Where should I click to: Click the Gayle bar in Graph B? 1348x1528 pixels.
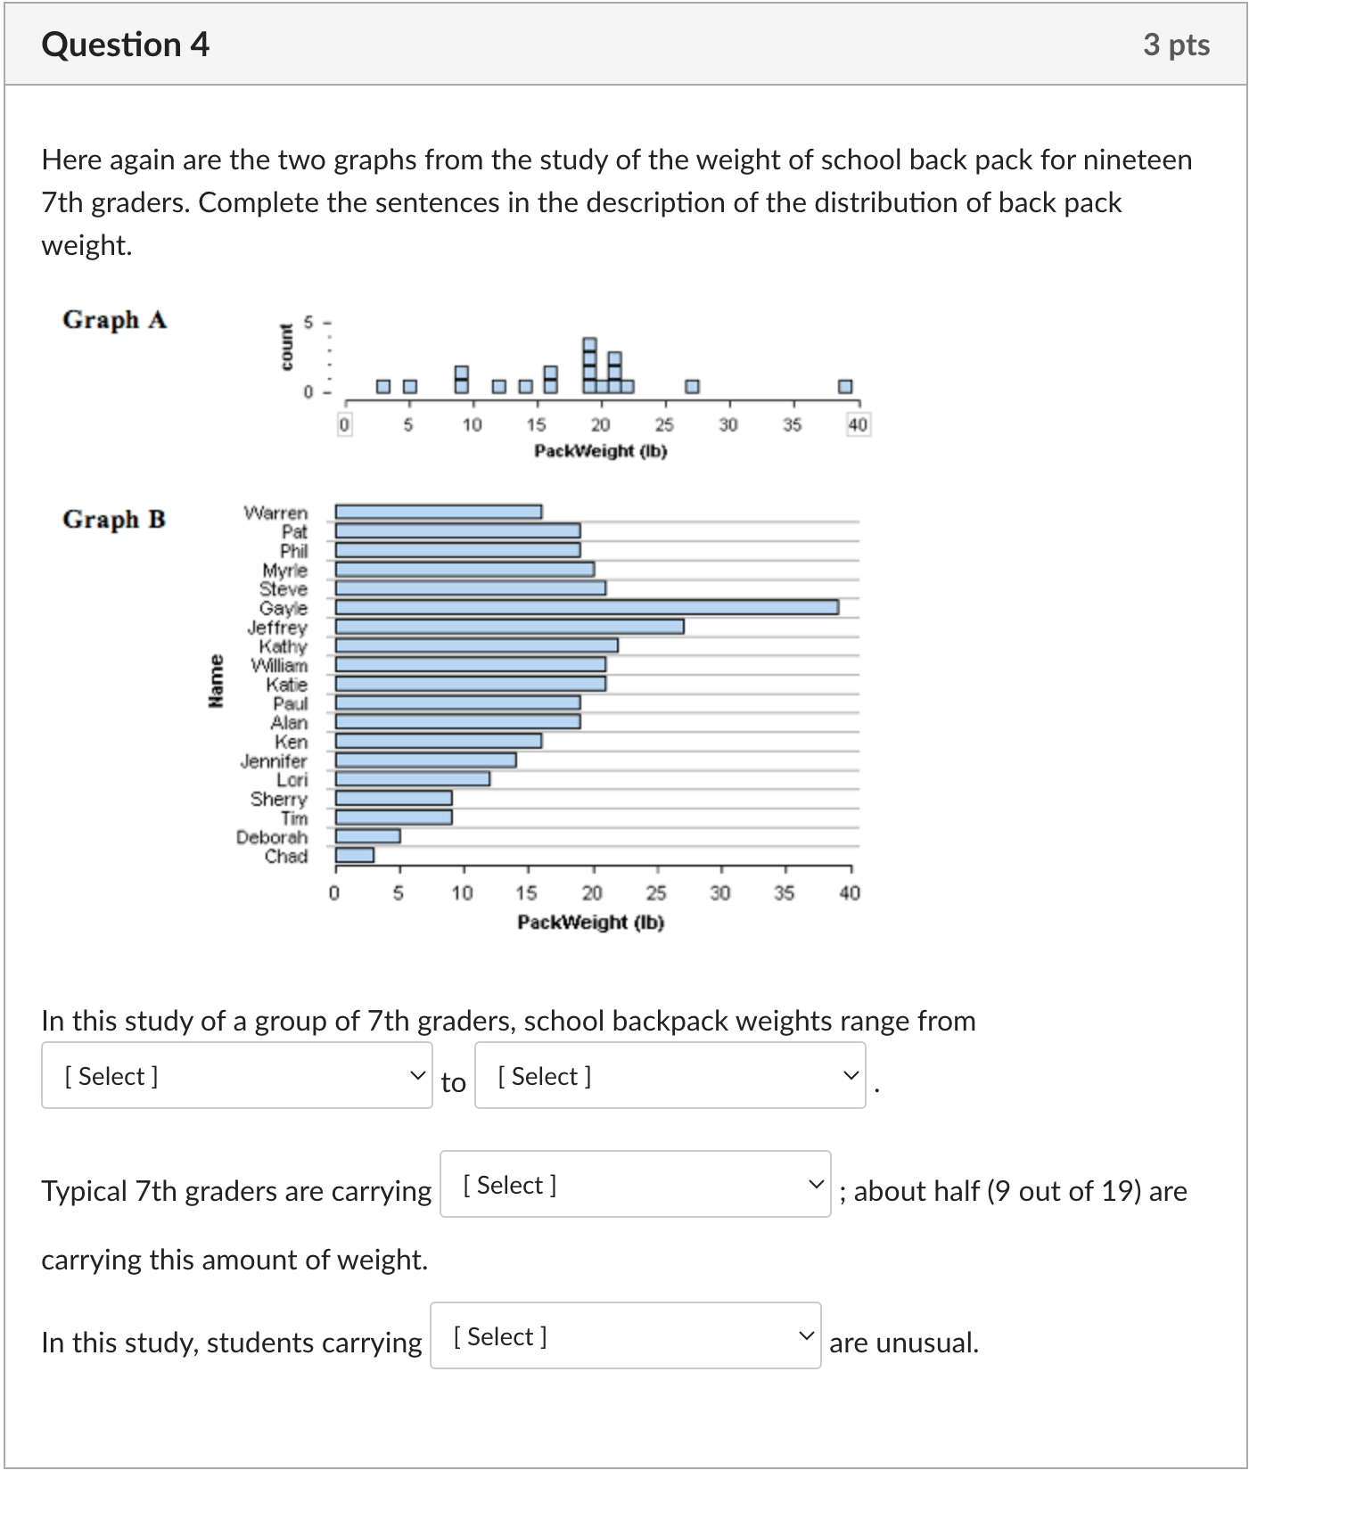587,607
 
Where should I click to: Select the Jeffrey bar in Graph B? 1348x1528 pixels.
509,627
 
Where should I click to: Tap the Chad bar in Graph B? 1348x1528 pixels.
354,856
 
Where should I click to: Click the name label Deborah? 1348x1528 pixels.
271,837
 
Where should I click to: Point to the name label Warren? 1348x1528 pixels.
275,513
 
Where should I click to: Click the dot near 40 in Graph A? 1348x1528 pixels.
845,386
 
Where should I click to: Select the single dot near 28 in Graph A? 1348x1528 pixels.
693,386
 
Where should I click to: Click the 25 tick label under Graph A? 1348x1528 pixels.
664,425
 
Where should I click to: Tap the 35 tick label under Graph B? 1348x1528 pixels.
784,892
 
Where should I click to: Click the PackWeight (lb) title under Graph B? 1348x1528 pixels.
590,922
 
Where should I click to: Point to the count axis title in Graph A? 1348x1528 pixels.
286,348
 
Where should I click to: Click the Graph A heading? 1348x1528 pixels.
114,319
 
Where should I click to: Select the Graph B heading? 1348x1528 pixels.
114,519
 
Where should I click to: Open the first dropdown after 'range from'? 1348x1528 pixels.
236,1076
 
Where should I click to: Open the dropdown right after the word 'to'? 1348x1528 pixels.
670,1076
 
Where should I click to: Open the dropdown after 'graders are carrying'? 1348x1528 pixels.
635,1185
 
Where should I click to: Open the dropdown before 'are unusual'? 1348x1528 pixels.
625,1336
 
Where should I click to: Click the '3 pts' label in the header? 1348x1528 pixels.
1176,45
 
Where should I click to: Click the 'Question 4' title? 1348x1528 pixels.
125,45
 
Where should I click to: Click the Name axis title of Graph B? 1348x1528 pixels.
215,682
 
